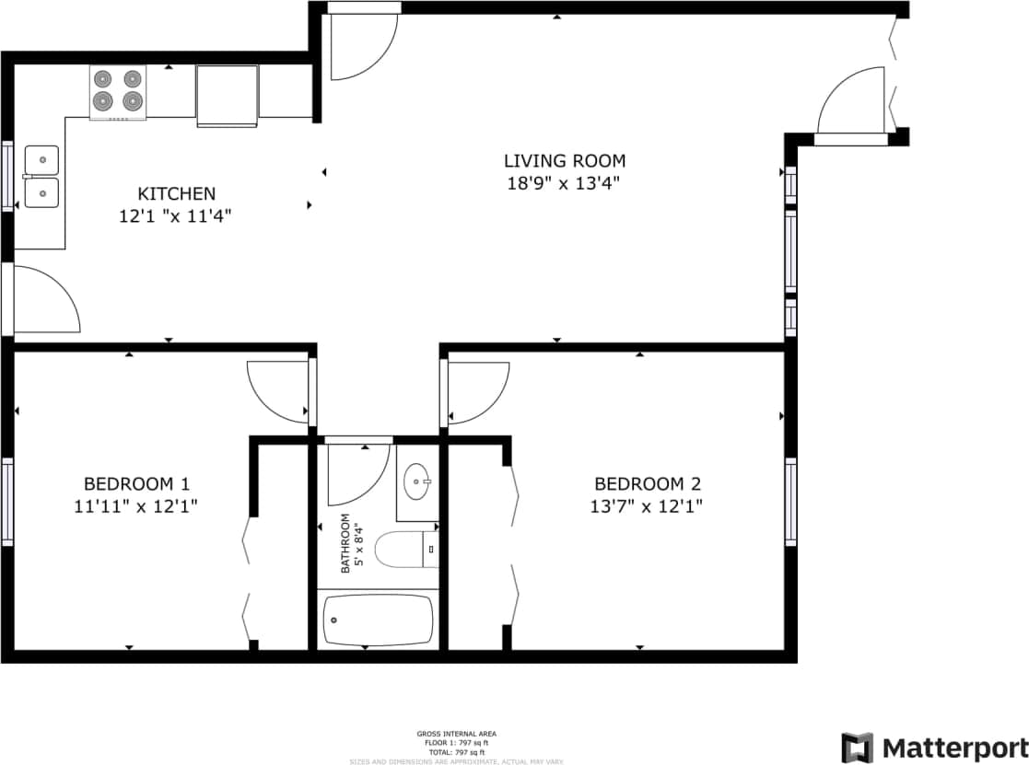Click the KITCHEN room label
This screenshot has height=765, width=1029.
coord(176,193)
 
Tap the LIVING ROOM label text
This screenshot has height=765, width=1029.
coord(564,160)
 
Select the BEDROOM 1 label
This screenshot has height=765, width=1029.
coord(136,483)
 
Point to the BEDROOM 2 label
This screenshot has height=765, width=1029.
coord(647,483)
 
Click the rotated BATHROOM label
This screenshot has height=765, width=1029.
coord(346,544)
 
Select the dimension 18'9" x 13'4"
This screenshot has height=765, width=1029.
coord(564,183)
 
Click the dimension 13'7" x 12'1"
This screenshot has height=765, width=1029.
coord(647,506)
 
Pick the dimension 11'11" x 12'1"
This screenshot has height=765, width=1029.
coord(136,506)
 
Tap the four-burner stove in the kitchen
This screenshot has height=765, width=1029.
coord(118,91)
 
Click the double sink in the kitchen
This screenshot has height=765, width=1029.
coord(41,177)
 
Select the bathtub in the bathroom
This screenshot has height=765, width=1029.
coord(378,620)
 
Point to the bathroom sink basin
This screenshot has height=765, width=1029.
coord(418,482)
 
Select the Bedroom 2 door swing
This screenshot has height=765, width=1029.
coord(475,390)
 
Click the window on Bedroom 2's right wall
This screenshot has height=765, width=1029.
coord(790,501)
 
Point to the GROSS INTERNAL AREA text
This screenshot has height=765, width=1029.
coord(456,734)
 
